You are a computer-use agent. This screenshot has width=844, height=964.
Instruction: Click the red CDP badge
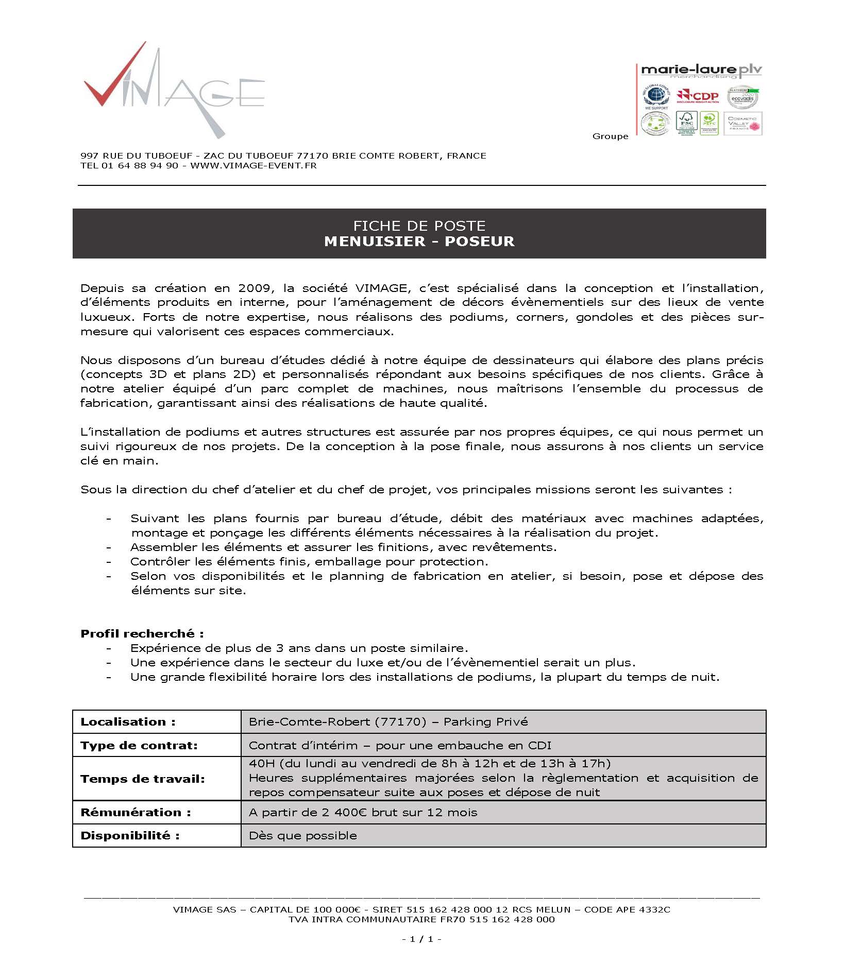tap(698, 96)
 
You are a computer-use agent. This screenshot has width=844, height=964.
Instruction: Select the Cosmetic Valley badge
tap(742, 124)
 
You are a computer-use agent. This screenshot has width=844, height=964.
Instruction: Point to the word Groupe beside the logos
tap(610, 136)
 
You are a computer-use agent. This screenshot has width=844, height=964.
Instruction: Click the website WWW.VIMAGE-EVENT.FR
tap(253, 166)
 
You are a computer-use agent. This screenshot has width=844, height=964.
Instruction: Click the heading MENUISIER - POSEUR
tap(419, 242)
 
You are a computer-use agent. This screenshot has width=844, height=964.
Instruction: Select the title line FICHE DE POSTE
tap(419, 226)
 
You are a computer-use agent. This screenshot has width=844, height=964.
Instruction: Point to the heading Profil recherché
tap(142, 633)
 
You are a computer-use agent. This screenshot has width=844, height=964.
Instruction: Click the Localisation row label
tap(128, 722)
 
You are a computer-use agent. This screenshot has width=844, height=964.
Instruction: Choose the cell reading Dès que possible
tap(303, 835)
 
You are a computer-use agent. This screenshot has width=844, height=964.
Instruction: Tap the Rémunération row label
tap(136, 812)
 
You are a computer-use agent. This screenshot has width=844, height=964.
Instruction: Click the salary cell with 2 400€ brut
tap(363, 812)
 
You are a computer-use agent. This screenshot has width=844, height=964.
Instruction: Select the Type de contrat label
tap(139, 745)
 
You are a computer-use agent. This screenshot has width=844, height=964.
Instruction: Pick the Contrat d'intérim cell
tap(400, 745)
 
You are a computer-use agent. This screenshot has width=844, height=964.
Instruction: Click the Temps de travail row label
tap(142, 779)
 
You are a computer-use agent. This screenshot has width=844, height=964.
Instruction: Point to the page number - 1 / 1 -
tap(421, 939)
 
